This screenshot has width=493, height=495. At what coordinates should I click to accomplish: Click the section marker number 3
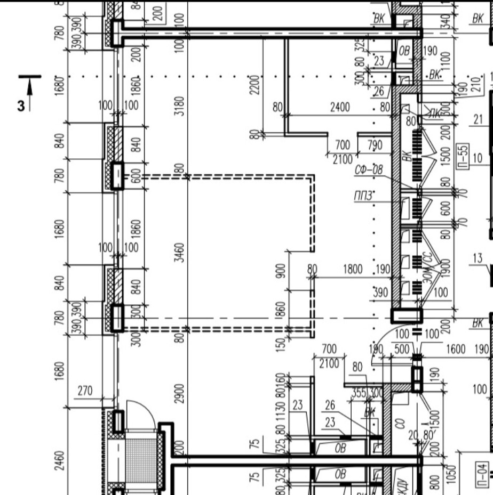pos(21,106)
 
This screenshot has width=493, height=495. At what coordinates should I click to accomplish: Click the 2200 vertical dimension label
pos(255,86)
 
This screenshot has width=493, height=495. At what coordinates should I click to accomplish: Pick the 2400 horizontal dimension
pos(340,108)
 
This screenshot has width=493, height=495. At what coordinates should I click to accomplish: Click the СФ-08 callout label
pos(369,170)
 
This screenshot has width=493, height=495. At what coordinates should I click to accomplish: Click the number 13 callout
pos(478,258)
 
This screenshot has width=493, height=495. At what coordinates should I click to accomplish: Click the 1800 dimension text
pos(353,269)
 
